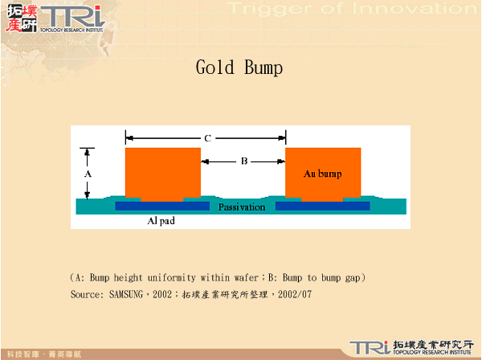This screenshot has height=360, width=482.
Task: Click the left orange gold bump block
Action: pyautogui.click(x=163, y=173)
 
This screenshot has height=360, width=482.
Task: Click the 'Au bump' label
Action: pyautogui.click(x=322, y=174)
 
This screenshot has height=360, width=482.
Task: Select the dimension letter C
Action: pyautogui.click(x=207, y=138)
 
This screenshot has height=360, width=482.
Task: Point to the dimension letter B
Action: pyautogui.click(x=243, y=162)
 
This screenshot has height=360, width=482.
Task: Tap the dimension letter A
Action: pyautogui.click(x=88, y=173)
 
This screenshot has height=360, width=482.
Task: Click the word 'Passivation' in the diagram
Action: pyautogui.click(x=242, y=207)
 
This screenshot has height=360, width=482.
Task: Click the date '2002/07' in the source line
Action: pyautogui.click(x=297, y=295)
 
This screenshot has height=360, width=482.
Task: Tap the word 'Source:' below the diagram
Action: pyautogui.click(x=86, y=295)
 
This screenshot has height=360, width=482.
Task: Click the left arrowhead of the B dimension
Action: pyautogui.click(x=204, y=162)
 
